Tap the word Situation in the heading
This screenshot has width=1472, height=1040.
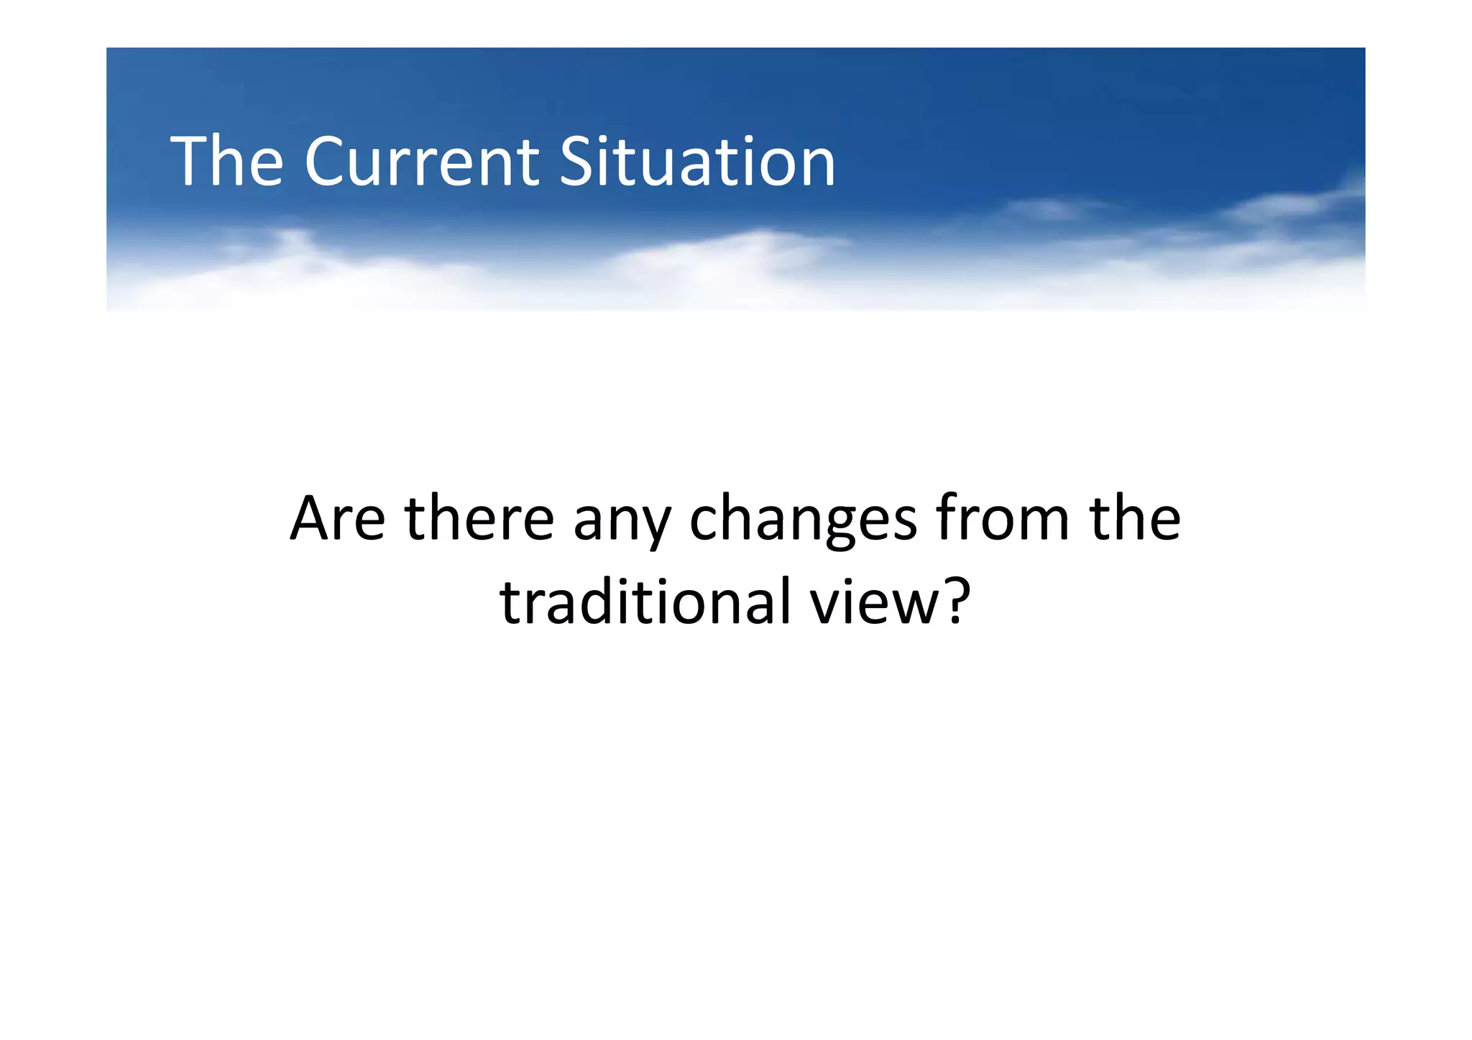[x=697, y=162]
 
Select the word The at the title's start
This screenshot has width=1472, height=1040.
[x=226, y=162]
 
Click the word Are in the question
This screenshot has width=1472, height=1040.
[x=337, y=518]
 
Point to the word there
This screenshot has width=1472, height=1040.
[x=479, y=518]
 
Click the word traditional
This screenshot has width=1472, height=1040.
[x=645, y=602]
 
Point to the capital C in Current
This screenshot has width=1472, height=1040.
[x=325, y=162]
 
